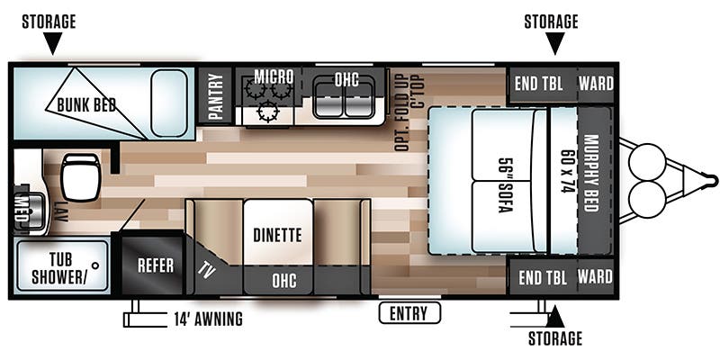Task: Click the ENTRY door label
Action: (x=409, y=313)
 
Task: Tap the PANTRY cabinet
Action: (x=214, y=96)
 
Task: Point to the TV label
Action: (x=206, y=272)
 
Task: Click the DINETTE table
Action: (x=278, y=232)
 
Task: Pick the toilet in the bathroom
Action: (x=80, y=176)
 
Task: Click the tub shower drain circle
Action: (x=95, y=265)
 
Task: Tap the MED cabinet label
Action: (x=22, y=208)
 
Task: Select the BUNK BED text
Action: (x=86, y=105)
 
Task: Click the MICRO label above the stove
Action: (x=274, y=76)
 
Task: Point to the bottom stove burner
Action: (x=267, y=111)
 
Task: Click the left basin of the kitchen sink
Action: (x=328, y=101)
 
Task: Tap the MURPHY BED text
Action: (x=591, y=173)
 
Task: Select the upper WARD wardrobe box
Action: (x=596, y=85)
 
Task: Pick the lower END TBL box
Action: (x=543, y=277)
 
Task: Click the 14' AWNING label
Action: (x=208, y=319)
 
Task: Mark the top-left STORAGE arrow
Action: (x=53, y=44)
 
